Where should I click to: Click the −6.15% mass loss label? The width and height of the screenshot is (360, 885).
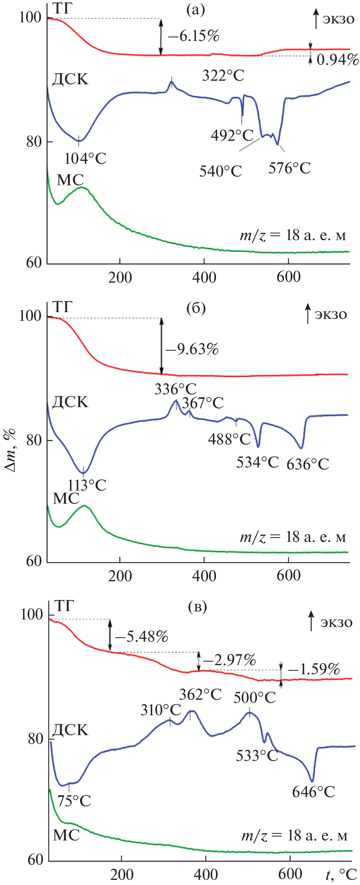click(x=194, y=36)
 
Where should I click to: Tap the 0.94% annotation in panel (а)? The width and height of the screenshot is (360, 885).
click(x=338, y=60)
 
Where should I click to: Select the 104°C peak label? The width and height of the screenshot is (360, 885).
click(x=86, y=159)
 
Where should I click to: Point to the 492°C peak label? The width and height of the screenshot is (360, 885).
click(x=232, y=136)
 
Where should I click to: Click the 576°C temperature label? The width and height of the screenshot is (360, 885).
click(x=290, y=168)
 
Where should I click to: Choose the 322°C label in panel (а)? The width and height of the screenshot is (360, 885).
click(x=223, y=75)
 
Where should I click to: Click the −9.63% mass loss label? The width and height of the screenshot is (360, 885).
click(x=193, y=349)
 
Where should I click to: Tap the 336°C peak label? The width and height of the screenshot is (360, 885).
click(x=175, y=389)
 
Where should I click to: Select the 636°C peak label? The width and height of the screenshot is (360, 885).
click(x=308, y=464)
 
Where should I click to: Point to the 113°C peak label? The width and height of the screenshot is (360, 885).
click(x=87, y=485)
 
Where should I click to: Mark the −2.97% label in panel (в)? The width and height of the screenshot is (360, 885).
click(x=230, y=660)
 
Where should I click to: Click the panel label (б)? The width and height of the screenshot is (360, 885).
click(x=196, y=308)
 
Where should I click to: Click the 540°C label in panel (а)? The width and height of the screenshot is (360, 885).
click(x=221, y=171)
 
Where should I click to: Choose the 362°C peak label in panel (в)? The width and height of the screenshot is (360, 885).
click(x=200, y=694)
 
